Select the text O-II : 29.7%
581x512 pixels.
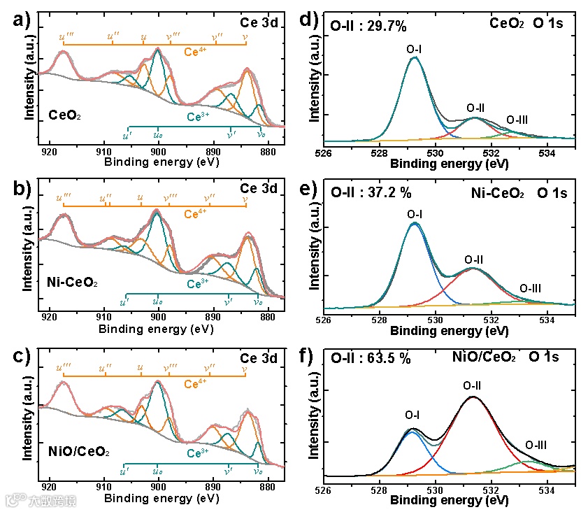368,28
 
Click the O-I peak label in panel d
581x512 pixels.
414,49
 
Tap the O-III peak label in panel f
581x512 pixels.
536,444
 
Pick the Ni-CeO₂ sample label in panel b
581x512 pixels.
72,283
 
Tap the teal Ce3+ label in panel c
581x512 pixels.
198,453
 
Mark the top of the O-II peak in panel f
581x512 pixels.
473,397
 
